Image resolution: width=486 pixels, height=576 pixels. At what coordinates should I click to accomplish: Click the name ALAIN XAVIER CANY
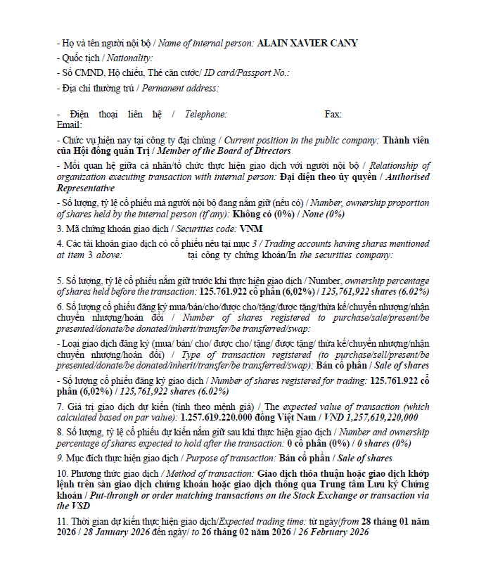[x=308, y=44]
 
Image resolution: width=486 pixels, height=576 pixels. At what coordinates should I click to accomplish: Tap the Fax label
[x=333, y=114]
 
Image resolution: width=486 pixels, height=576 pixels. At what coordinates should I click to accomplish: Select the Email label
[x=69, y=124]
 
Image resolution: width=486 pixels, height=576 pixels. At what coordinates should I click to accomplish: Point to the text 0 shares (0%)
[x=382, y=443]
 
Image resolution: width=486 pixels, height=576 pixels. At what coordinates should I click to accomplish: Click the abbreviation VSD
[x=63, y=506]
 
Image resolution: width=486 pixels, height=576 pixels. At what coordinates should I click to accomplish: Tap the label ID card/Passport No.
[x=246, y=73]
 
